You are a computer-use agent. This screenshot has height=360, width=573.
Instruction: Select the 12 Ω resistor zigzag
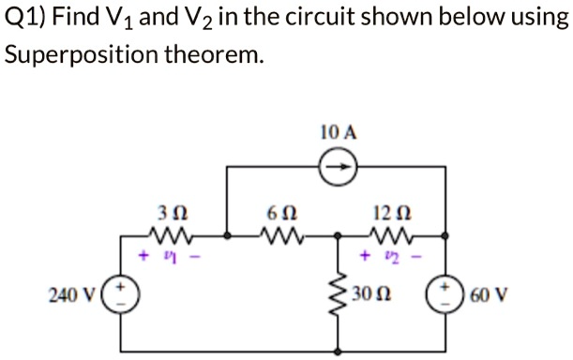coord(389,234)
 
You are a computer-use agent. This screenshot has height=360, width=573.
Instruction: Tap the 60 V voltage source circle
coord(443,294)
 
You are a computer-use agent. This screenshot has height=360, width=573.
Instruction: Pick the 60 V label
coord(493,295)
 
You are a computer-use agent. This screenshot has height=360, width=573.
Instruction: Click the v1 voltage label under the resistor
coord(171,254)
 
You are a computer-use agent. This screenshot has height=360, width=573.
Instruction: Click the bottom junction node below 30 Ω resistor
coord(337,352)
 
